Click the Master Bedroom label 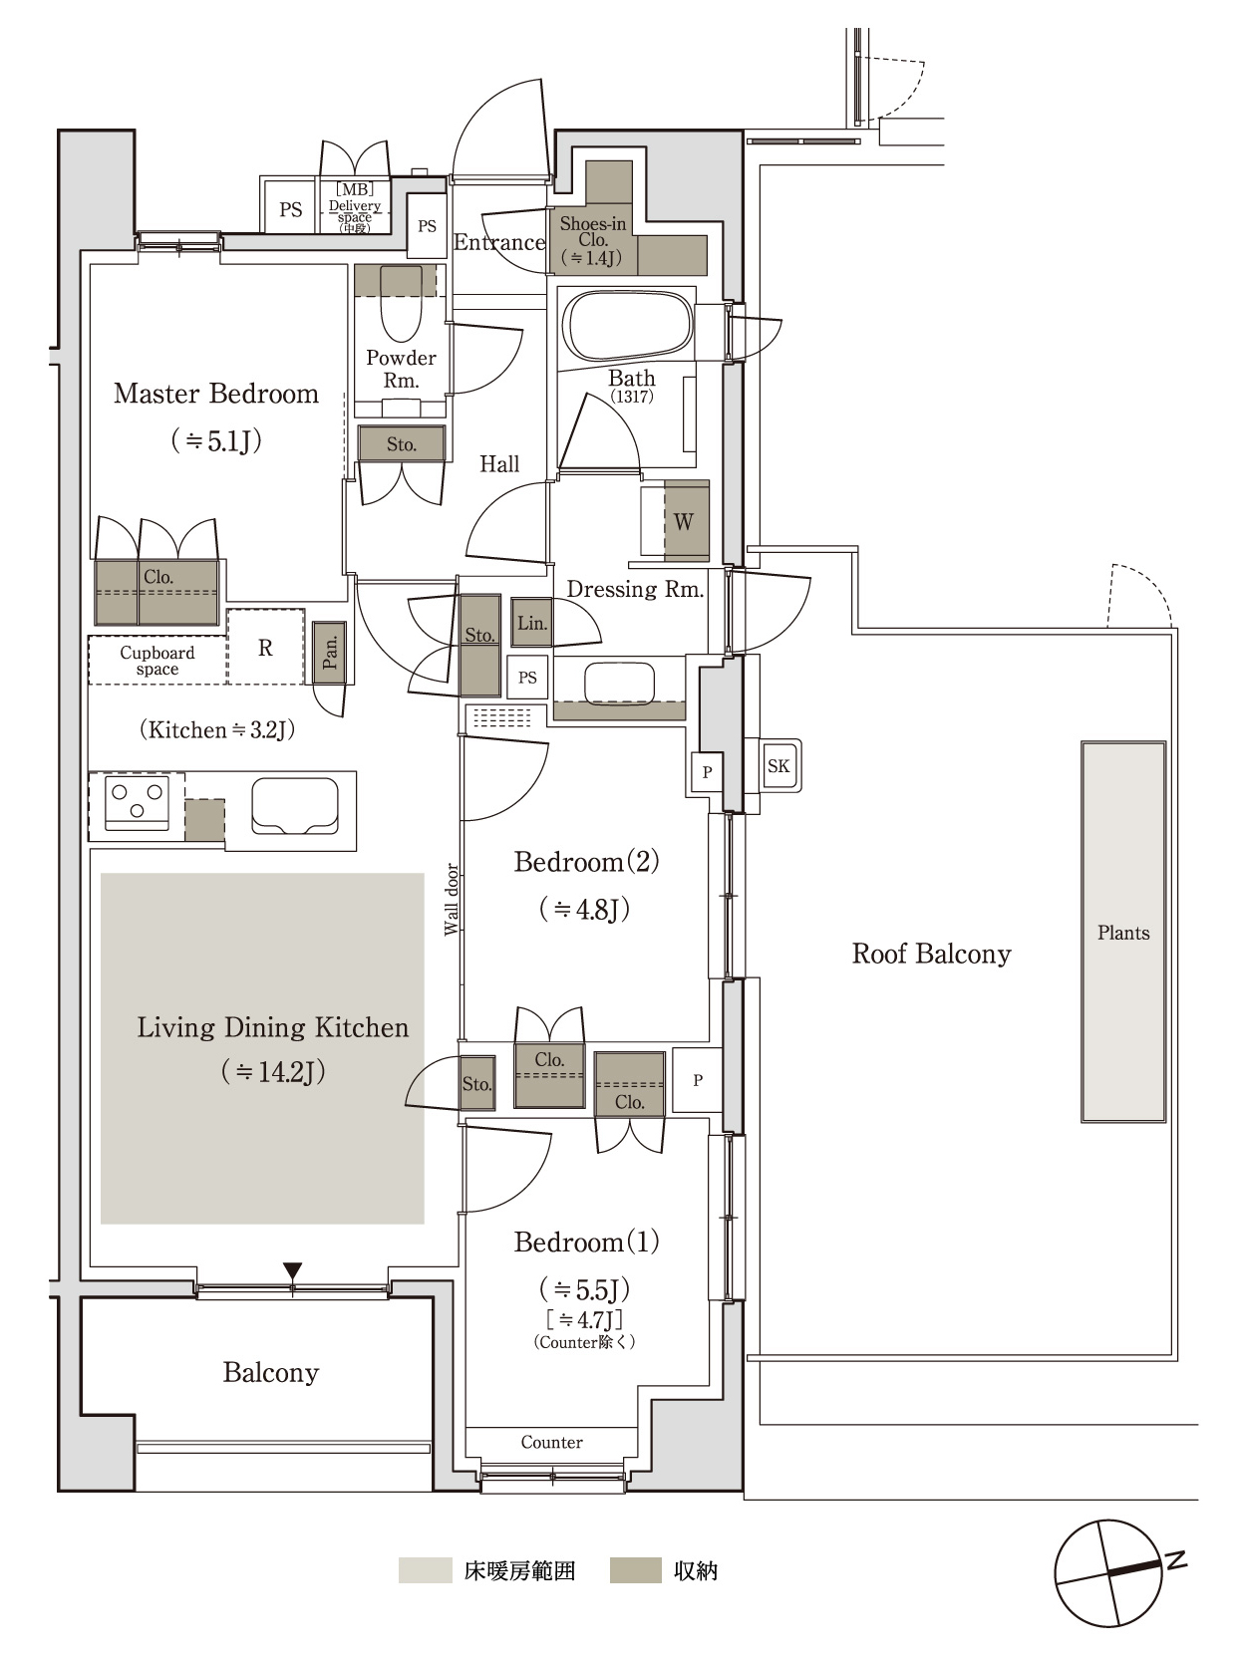pyautogui.click(x=216, y=395)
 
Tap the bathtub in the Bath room pyautogui.click(x=627, y=327)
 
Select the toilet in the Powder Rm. pyautogui.click(x=401, y=303)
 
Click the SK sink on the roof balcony pyautogui.click(x=779, y=765)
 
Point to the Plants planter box pyautogui.click(x=1122, y=932)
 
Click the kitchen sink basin pyautogui.click(x=295, y=806)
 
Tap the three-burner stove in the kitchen pyautogui.click(x=137, y=802)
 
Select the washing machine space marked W pyautogui.click(x=686, y=521)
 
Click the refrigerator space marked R pyautogui.click(x=265, y=648)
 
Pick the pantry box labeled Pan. pyautogui.click(x=330, y=653)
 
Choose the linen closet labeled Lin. pyautogui.click(x=531, y=623)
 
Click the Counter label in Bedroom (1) pyautogui.click(x=551, y=1443)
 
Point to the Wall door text pyautogui.click(x=452, y=900)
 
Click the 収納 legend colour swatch pyautogui.click(x=636, y=1570)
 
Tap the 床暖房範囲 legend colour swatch pyautogui.click(x=425, y=1570)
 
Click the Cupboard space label pyautogui.click(x=157, y=661)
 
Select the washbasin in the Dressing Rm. pyautogui.click(x=620, y=683)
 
